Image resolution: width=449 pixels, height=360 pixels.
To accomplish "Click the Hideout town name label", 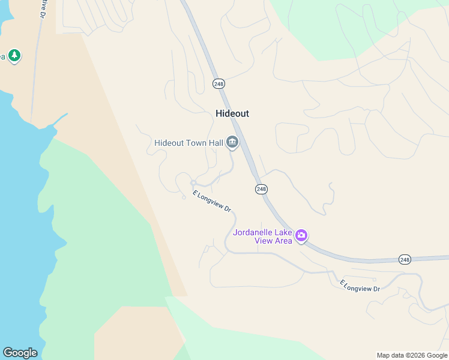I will click(x=232, y=113).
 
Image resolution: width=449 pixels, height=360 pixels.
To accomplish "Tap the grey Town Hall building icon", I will click(x=232, y=143).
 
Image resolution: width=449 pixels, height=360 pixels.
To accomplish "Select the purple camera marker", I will click(x=301, y=236).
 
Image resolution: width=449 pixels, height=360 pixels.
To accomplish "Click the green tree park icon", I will click(x=14, y=56).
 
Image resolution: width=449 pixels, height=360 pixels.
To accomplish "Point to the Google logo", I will click(x=20, y=353).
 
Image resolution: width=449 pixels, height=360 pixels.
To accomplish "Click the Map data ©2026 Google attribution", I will click(x=412, y=355).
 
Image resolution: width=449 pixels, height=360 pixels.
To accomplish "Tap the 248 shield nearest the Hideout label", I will click(x=218, y=84).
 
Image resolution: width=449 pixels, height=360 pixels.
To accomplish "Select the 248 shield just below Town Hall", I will click(x=261, y=189).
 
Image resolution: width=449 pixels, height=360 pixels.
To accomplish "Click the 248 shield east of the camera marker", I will click(x=405, y=259).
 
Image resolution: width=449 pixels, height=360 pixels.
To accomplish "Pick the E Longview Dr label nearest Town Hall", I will click(x=212, y=201).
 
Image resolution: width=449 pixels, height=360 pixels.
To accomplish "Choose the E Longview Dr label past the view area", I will click(x=360, y=286).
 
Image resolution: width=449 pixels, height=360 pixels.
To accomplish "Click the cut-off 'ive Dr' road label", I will click(x=43, y=8).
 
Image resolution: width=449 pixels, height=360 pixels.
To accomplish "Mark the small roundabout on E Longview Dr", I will click(x=193, y=182).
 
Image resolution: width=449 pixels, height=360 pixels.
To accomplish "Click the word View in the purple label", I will click(x=265, y=241).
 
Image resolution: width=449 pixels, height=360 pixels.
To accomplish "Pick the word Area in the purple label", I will click(x=284, y=241).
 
